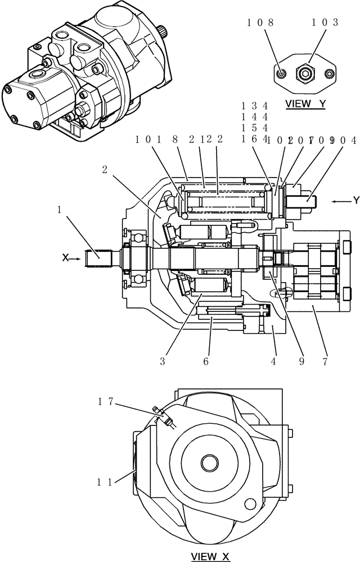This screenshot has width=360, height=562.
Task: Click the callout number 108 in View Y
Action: [261, 22]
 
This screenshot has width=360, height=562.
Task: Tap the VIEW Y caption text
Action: [305, 104]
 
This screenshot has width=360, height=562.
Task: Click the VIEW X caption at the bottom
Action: [211, 556]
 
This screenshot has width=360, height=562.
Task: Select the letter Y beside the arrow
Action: [355, 200]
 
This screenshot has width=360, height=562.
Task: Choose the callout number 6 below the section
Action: [206, 362]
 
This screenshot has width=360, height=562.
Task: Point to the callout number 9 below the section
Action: [301, 362]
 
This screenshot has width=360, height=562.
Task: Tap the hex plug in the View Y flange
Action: [305, 72]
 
